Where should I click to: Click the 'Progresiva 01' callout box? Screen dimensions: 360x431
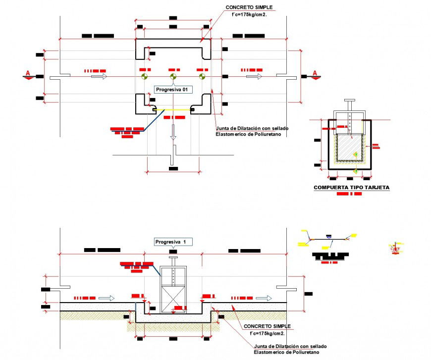(172, 90)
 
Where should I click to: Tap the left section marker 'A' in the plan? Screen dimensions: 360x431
(28, 74)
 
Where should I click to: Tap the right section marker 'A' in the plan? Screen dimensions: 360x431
(315, 74)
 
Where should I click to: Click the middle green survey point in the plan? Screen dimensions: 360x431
(173, 77)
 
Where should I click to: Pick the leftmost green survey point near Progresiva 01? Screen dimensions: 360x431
(144, 77)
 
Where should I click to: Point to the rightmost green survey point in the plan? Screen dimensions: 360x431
(201, 77)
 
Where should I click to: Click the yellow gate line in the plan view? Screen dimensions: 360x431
(173, 109)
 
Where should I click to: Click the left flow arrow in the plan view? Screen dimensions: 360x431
(99, 77)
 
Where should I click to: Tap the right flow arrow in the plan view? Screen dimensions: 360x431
(255, 77)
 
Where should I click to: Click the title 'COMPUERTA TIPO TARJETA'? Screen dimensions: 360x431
(351, 188)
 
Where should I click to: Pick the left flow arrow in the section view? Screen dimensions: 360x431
(106, 298)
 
